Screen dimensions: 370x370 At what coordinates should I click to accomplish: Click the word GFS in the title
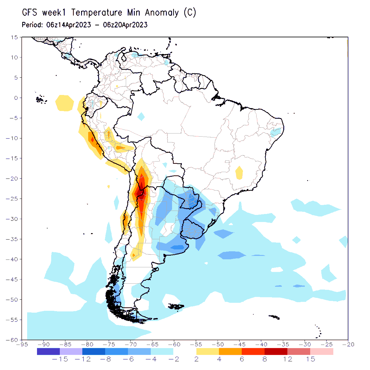[x=29, y=13]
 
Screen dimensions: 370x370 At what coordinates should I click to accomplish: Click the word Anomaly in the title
[x=162, y=13]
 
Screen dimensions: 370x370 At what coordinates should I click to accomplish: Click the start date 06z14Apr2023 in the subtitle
[x=68, y=25]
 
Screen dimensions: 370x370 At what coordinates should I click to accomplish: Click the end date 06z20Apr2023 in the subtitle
[x=125, y=25]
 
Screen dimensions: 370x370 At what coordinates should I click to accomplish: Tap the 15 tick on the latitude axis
[x=14, y=37]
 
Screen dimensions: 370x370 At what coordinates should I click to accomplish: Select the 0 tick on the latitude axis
[x=16, y=98]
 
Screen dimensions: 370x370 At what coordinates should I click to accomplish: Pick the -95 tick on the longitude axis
[x=22, y=344]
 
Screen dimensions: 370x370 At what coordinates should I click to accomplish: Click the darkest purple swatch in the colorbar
[x=48, y=351]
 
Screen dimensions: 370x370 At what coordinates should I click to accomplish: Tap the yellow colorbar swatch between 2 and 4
[x=208, y=351]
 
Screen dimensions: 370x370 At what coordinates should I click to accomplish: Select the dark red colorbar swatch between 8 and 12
[x=276, y=351]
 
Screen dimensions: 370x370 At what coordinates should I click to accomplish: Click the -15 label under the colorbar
[x=60, y=359]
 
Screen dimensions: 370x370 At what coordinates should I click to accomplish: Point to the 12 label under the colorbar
[x=288, y=359]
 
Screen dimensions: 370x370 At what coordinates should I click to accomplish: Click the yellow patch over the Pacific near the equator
[x=65, y=103]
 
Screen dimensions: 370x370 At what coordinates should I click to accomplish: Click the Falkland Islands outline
[x=176, y=306]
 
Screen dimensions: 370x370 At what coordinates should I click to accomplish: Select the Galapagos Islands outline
[x=40, y=100]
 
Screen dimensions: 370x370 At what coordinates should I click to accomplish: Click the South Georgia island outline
[x=274, y=317]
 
